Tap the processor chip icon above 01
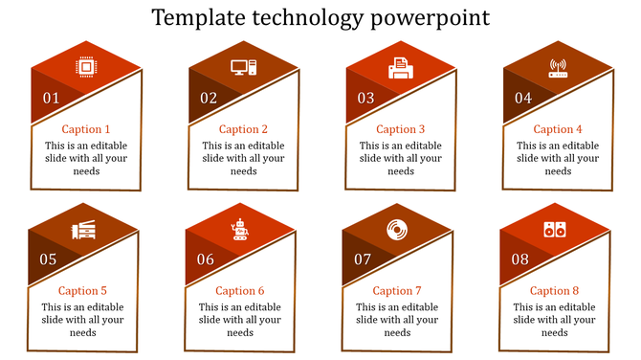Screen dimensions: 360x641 coord(85,67)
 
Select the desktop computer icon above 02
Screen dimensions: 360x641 coord(243,67)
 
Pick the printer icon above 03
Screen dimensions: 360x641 coord(400,68)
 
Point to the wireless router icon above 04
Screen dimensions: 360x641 coord(558,68)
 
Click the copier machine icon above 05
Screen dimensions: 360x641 coord(83,230)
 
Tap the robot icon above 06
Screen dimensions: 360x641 coord(240,230)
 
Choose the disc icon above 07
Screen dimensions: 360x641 coord(397,230)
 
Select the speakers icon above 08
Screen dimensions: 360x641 coord(555,230)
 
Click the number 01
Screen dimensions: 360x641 coord(51,98)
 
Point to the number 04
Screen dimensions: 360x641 coord(523,98)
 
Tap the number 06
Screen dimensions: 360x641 coord(206,259)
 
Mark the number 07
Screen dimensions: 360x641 coord(363,259)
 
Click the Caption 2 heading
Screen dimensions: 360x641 coord(243,129)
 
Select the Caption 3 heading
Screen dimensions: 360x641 coord(400,129)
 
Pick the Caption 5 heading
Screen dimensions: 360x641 coord(82,291)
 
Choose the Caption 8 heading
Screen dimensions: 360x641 coord(555,291)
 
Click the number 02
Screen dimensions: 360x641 coord(209,98)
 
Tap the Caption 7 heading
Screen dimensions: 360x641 coord(397,291)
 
